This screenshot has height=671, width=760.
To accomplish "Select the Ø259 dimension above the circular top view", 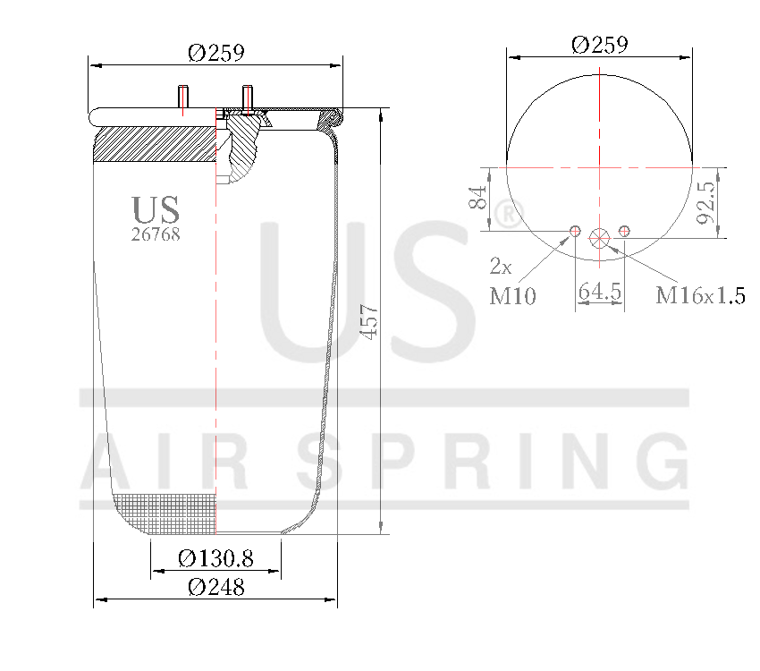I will tap(599, 44).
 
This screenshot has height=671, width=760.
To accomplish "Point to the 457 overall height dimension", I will tap(370, 321).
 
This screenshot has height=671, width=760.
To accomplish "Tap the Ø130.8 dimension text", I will tap(215, 559).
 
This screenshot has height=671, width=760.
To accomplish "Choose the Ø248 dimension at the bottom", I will tap(215, 588).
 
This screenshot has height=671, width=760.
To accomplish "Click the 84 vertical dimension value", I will tap(480, 198).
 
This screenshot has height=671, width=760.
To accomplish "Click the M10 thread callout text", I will tap(512, 296).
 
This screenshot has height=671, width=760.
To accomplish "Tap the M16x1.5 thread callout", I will tap(700, 296).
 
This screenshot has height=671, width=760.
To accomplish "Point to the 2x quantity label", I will tap(500, 267).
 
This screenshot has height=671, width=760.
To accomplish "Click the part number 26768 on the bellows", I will tap(156, 234).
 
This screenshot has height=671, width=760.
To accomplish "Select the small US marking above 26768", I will tap(156, 210).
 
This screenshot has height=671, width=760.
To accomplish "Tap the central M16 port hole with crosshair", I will tap(599, 236).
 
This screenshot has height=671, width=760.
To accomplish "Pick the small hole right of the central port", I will tap(624, 232).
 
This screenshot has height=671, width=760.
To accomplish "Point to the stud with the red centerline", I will tap(183, 98).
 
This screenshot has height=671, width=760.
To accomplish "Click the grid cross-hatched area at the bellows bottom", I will tap(170, 514).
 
